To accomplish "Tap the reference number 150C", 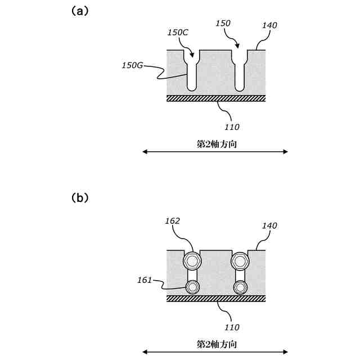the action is click(x=177, y=32).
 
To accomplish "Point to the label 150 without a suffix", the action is click(x=224, y=23).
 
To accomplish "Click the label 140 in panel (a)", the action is click(x=269, y=25).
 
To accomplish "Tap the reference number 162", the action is click(x=173, y=221).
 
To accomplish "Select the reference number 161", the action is click(x=145, y=280).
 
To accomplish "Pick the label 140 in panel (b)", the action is click(x=269, y=225).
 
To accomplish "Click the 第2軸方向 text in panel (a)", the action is click(x=216, y=143).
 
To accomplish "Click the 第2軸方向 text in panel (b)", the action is click(x=216, y=343).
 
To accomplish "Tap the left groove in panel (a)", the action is click(x=192, y=73).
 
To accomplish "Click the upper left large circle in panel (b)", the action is click(x=192, y=261).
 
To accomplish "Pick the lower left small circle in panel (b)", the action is click(x=192, y=287).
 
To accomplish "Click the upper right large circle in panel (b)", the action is click(x=240, y=261).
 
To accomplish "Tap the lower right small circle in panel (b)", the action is click(x=240, y=287).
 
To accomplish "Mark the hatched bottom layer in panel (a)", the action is click(x=216, y=98).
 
